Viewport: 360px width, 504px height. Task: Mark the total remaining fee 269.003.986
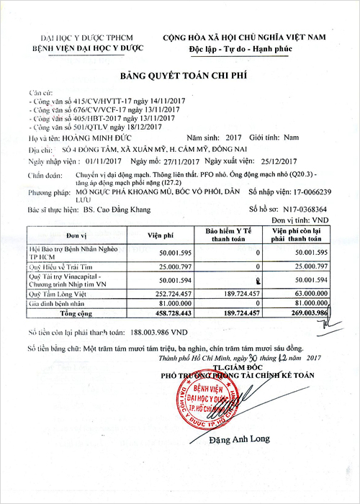point(305,314)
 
